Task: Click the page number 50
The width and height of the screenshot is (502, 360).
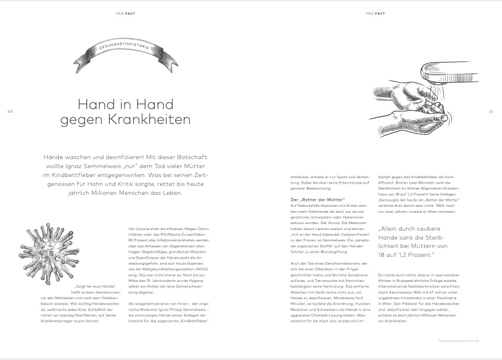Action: click(10, 111)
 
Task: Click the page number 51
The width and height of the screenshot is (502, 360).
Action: click(491, 111)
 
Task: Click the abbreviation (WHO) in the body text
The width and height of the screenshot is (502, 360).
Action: click(197, 269)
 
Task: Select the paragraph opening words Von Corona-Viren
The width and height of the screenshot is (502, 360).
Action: click(144, 228)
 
